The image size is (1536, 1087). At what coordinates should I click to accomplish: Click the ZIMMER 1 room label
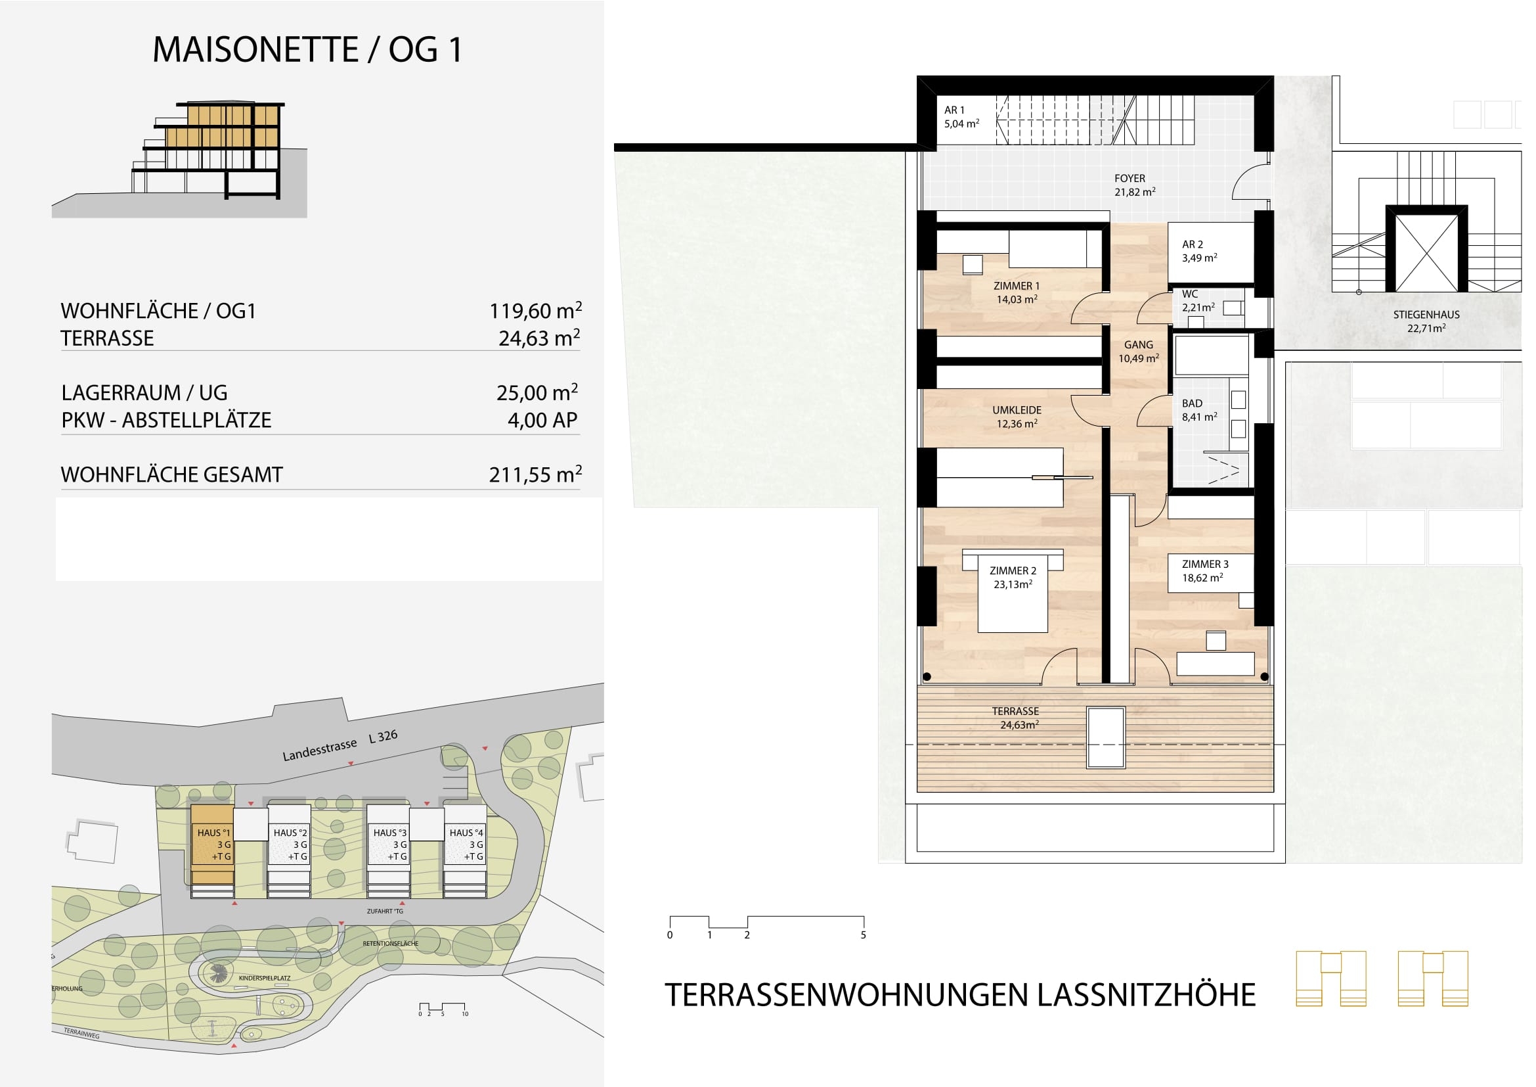click(1016, 292)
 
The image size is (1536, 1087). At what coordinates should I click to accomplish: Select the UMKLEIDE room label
click(1016, 416)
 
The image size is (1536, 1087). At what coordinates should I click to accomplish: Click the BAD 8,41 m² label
click(1199, 409)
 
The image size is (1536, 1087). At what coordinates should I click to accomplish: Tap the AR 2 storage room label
click(1199, 251)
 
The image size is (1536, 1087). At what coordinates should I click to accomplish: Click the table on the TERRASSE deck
click(1106, 737)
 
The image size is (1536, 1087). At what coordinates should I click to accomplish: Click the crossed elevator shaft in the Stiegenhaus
click(1427, 248)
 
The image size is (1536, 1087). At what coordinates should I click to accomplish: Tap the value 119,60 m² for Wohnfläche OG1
click(535, 311)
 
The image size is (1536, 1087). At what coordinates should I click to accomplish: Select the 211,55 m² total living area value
click(535, 474)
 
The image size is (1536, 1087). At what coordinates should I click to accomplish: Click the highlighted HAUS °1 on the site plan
click(213, 844)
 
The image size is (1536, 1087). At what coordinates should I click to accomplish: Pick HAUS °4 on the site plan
click(466, 844)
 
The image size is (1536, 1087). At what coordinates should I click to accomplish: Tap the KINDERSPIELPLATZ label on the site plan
click(264, 978)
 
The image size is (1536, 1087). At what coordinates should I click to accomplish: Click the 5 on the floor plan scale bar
click(863, 935)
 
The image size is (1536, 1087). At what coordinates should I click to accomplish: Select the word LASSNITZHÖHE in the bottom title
click(1147, 994)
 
